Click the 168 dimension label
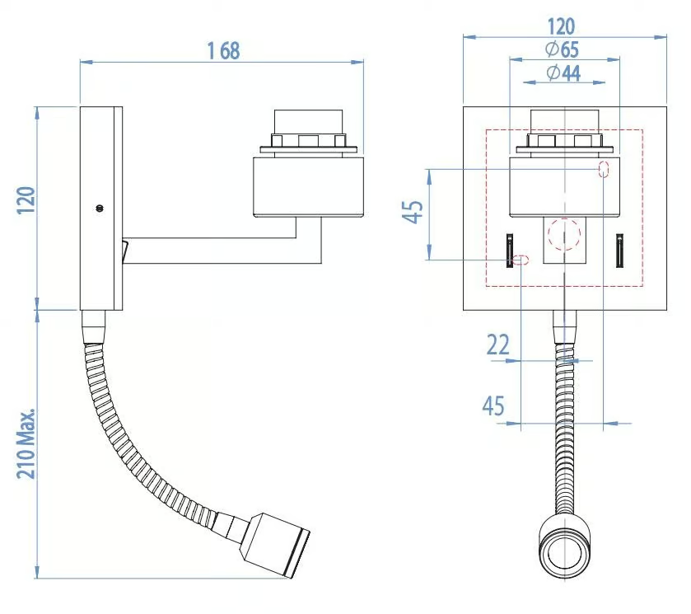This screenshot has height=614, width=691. [224, 51]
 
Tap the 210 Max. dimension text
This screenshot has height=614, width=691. [26, 443]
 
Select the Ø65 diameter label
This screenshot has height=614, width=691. [562, 49]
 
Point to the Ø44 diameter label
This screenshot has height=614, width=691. [563, 73]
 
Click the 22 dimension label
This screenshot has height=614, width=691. [498, 344]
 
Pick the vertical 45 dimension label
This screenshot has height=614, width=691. [413, 212]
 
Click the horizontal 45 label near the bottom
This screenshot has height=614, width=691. [493, 405]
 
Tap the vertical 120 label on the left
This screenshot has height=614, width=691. [26, 200]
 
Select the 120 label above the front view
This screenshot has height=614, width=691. [561, 26]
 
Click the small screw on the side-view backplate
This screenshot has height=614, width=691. [100, 208]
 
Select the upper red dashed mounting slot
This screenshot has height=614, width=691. [604, 169]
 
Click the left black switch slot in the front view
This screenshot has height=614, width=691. [510, 250]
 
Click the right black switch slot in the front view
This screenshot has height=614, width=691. [619, 250]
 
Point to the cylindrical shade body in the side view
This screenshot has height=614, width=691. [309, 186]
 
